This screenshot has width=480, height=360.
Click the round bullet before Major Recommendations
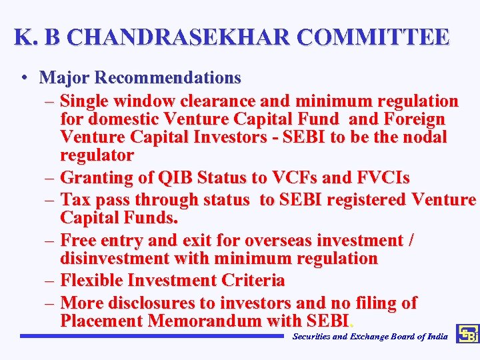pos(24,79)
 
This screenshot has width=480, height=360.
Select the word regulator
pos(97,155)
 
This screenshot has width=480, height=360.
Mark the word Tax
pos(75,200)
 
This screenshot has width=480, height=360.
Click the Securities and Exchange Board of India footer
pos(370,336)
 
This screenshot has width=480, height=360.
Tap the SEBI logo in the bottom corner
pos(467,335)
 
